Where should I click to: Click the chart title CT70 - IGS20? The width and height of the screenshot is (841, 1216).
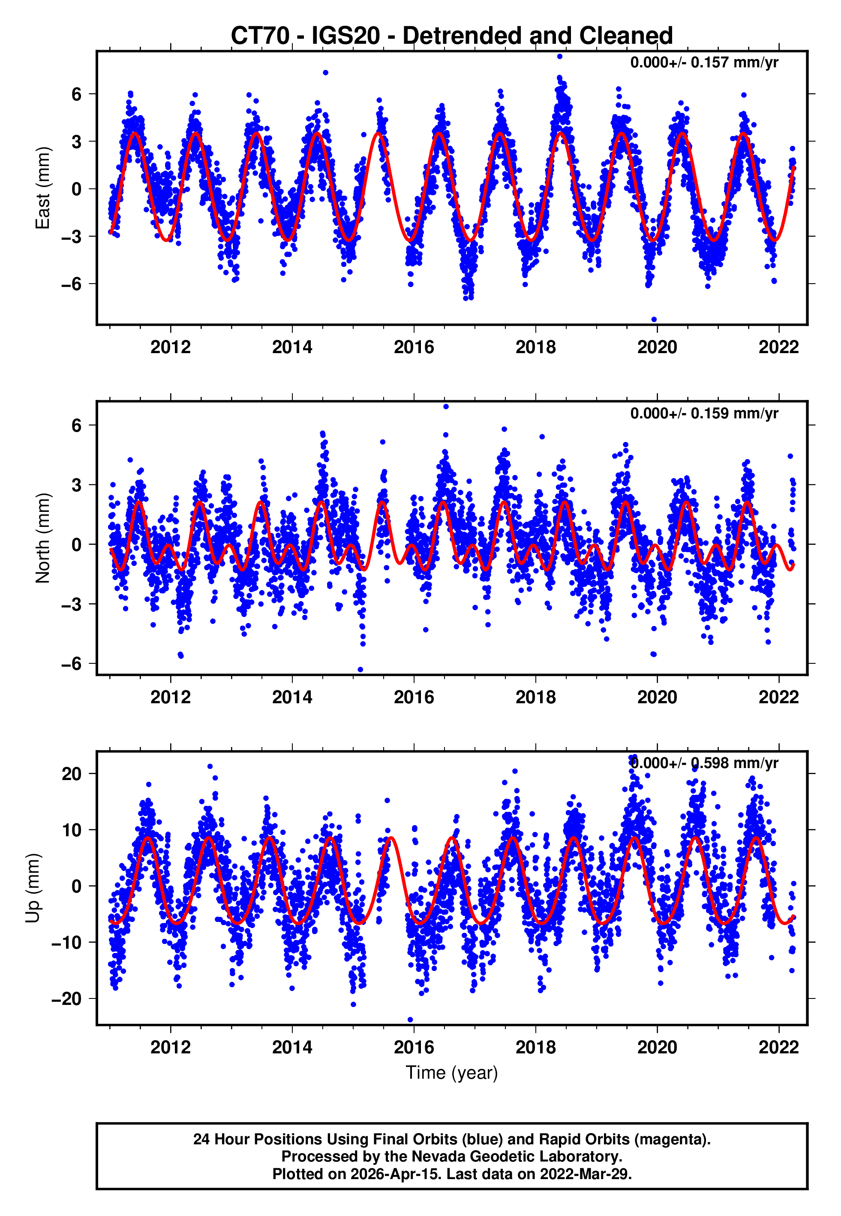point(452,36)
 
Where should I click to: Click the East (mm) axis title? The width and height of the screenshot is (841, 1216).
point(43,188)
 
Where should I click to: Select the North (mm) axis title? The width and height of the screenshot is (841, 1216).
point(43,538)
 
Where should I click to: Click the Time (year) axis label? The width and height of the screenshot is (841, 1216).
point(452,1073)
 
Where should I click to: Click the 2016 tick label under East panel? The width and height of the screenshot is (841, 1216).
point(414,347)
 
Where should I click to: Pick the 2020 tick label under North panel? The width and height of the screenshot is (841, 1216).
point(657,697)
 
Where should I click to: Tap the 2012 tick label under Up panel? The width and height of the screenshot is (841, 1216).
point(170,1047)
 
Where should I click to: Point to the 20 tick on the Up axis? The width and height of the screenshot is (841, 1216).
point(72,774)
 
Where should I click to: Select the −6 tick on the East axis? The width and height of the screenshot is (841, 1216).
point(72,284)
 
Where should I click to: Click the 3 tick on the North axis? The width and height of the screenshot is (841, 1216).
point(77,484)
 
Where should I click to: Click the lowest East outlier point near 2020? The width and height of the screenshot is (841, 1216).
point(654,319)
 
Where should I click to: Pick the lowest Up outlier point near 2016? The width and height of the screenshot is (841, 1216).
point(411,1019)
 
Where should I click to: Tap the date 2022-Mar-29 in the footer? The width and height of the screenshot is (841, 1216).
point(585,1174)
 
